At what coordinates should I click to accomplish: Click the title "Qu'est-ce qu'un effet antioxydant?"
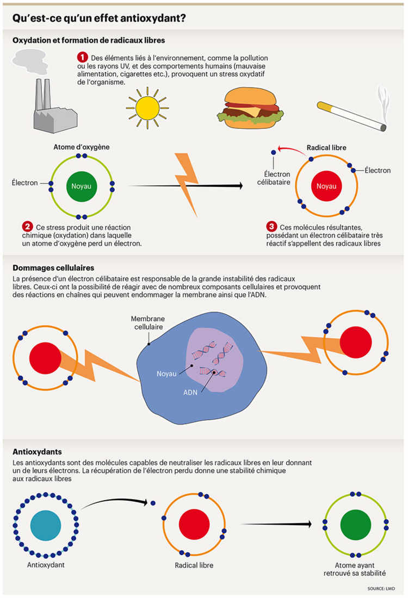click(99, 18)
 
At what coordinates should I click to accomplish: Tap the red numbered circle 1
click(82, 57)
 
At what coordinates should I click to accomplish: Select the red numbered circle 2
click(27, 226)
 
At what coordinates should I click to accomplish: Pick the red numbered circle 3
click(271, 226)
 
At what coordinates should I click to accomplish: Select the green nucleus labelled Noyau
click(82, 186)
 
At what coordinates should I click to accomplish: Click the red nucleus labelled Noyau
click(326, 186)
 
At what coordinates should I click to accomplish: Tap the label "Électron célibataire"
click(274, 178)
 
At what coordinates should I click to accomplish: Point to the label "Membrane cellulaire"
click(148, 323)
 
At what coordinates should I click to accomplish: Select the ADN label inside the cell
click(191, 390)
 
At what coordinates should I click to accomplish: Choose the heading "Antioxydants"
click(37, 452)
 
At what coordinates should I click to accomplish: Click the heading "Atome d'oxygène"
click(82, 147)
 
